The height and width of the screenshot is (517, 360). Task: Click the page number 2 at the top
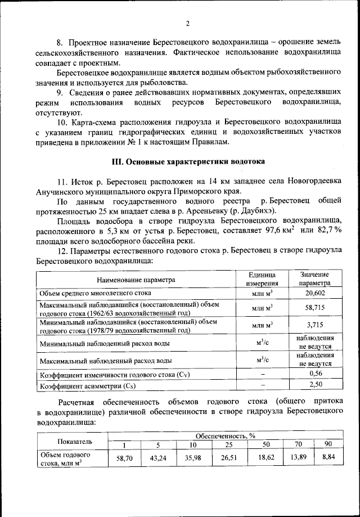click(x=188, y=23)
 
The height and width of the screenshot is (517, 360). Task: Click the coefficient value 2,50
click(x=314, y=385)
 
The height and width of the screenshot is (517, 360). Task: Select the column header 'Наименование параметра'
click(x=136, y=279)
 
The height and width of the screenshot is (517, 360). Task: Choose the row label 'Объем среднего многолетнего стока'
click(x=94, y=294)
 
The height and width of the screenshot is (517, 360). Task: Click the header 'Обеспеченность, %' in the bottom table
click(x=225, y=435)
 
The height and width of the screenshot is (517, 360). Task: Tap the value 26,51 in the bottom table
click(x=228, y=458)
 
